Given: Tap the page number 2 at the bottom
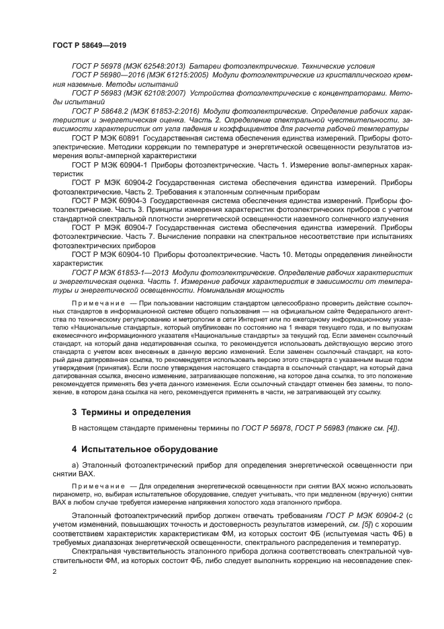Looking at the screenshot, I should coord(54,570).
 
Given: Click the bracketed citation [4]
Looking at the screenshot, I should coord(390,429).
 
